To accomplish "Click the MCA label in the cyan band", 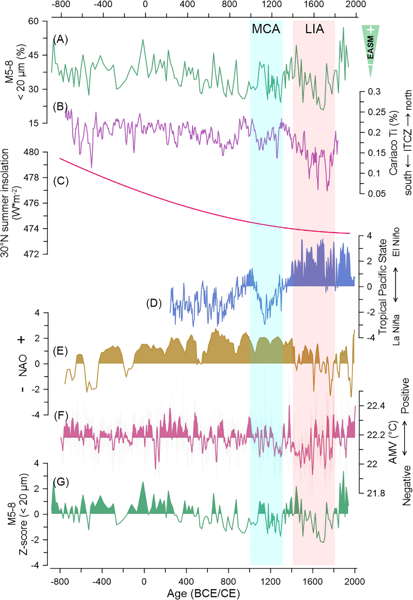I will point(266,29).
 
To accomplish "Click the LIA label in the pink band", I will point(314,29).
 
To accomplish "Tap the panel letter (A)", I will point(61,39).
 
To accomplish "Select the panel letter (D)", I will point(154,303).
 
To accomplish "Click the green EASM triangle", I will point(370,47).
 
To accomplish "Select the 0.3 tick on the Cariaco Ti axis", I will point(374,92).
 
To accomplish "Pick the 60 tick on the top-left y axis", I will point(33,21).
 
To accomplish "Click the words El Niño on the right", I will point(396,242).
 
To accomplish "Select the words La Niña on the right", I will point(396,330).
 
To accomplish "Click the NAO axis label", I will point(23,365).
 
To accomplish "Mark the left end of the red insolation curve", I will point(60,158).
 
